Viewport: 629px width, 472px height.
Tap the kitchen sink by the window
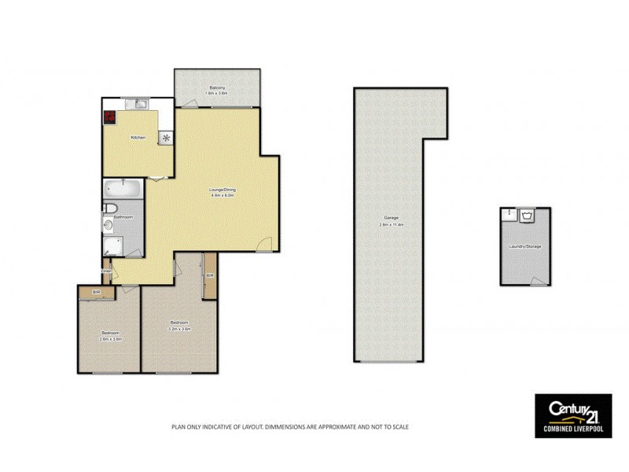coord(139,104)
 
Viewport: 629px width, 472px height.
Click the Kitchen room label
coord(138,138)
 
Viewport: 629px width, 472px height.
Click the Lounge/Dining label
coord(222,190)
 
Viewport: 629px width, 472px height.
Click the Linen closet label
coord(105,272)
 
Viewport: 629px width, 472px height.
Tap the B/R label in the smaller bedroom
coord(97,293)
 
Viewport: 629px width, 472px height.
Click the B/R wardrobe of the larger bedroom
coord(209,276)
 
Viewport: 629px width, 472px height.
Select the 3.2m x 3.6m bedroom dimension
coord(179,328)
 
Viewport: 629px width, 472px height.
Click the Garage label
coord(390,218)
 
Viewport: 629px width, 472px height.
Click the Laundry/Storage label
coord(524,246)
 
